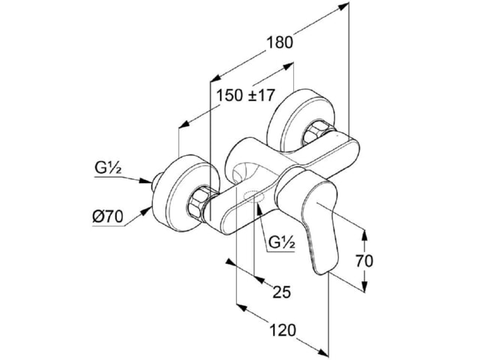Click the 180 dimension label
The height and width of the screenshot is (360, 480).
(280, 43)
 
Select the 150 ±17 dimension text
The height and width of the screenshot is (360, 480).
(245, 95)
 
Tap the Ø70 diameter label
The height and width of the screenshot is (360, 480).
(108, 217)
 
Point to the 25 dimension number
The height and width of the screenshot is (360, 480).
(282, 292)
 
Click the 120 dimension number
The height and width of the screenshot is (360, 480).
(283, 330)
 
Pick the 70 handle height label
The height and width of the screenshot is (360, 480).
(364, 261)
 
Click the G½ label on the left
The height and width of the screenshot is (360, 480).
(108, 168)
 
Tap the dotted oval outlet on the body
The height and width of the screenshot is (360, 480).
(253, 196)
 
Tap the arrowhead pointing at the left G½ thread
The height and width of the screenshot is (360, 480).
(145, 181)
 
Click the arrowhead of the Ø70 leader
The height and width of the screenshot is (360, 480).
(146, 211)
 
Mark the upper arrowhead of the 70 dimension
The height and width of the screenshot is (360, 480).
(364, 235)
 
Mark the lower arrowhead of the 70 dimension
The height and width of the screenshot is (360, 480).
(364, 285)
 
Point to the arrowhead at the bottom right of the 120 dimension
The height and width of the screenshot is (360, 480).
(322, 352)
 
